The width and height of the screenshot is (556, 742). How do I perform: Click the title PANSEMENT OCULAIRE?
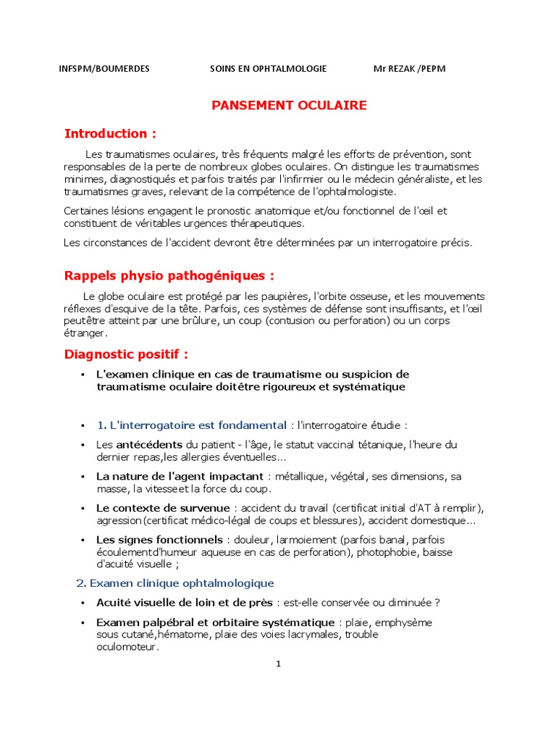(x=289, y=106)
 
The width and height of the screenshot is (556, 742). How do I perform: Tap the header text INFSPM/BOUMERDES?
(x=104, y=69)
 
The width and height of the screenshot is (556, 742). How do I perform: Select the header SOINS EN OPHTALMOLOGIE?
(x=268, y=69)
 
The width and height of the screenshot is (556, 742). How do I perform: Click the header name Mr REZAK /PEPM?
(x=409, y=69)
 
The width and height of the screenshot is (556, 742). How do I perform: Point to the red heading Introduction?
(x=110, y=133)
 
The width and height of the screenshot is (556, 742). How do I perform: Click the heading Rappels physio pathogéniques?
(x=169, y=276)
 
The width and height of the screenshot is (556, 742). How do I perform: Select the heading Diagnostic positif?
(x=126, y=354)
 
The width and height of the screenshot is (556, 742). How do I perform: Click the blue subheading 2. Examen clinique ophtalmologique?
(x=175, y=583)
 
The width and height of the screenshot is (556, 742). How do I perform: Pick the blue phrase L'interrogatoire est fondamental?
(x=192, y=425)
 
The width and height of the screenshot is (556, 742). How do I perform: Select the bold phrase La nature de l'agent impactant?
(x=180, y=477)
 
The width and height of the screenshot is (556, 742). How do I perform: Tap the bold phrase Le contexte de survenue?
(x=163, y=509)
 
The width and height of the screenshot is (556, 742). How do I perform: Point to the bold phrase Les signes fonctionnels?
(x=159, y=540)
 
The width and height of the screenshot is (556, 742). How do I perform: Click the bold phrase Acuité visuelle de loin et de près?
(x=185, y=603)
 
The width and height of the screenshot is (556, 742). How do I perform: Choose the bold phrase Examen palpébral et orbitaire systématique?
(x=215, y=622)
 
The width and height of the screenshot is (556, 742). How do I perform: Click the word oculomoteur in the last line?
(x=127, y=647)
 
